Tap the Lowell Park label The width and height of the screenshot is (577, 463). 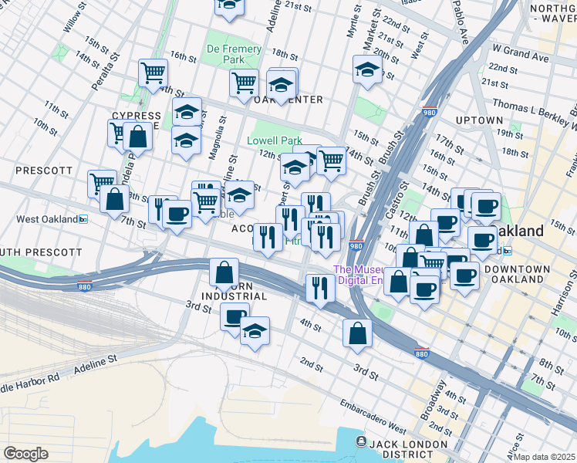pyautogui.click(x=275, y=141)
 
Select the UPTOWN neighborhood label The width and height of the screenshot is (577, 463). pyautogui.click(x=479, y=121)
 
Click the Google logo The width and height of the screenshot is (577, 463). pyautogui.click(x=25, y=454)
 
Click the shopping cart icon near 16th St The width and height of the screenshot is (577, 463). pyautogui.click(x=154, y=73)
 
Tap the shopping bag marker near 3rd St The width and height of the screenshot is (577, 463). pyautogui.click(x=357, y=333)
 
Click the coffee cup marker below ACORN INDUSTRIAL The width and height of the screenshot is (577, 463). pyautogui.click(x=235, y=316)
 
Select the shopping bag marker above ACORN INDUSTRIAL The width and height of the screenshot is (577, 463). pyautogui.click(x=224, y=272)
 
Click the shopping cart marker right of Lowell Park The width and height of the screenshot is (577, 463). pyautogui.click(x=331, y=161)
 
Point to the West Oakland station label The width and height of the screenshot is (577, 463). pyautogui.click(x=52, y=219)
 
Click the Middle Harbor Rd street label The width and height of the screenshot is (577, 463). pyautogui.click(x=31, y=381)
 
